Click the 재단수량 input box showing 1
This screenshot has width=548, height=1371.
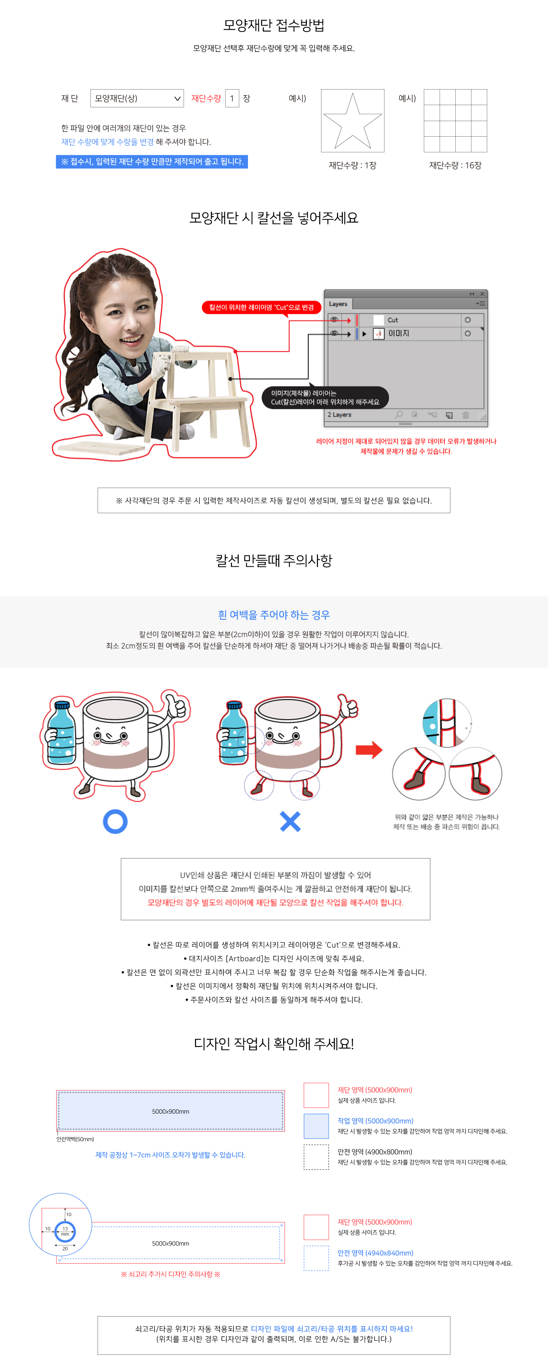pos(232,98)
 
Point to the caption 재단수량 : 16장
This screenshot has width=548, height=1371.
pos(455,165)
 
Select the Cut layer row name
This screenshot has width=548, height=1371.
pos(393,320)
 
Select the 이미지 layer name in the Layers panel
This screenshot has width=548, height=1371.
pos(399,334)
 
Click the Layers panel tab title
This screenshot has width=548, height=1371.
pos(338,304)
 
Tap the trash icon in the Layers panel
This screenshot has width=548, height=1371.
pos(465,415)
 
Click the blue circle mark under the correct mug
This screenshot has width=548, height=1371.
pos(115,822)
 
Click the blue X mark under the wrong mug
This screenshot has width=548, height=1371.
pos(290,822)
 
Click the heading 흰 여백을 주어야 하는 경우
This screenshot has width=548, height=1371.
pos(274,615)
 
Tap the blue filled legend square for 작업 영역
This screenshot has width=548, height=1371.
pos(316,1126)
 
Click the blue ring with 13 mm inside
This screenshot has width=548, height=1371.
pos(65,1232)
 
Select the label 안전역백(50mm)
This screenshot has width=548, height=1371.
pos(75,1139)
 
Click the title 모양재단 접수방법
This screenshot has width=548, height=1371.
pos(274,25)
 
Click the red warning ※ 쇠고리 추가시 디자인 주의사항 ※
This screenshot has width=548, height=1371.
pos(170,1274)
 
